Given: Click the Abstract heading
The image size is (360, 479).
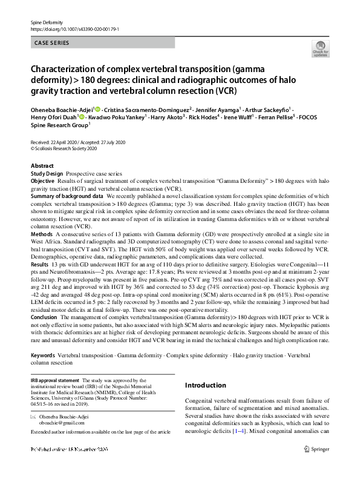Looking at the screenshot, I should pyautogui.click(x=42, y=166).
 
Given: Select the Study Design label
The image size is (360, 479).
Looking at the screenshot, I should pyautogui.click(x=47, y=173).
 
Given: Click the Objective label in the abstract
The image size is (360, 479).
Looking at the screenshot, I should pyautogui.click(x=42, y=181).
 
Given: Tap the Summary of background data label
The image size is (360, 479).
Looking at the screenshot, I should pyautogui.click(x=67, y=197).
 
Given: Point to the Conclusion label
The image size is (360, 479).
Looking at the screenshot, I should pyautogui.click(x=44, y=316).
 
